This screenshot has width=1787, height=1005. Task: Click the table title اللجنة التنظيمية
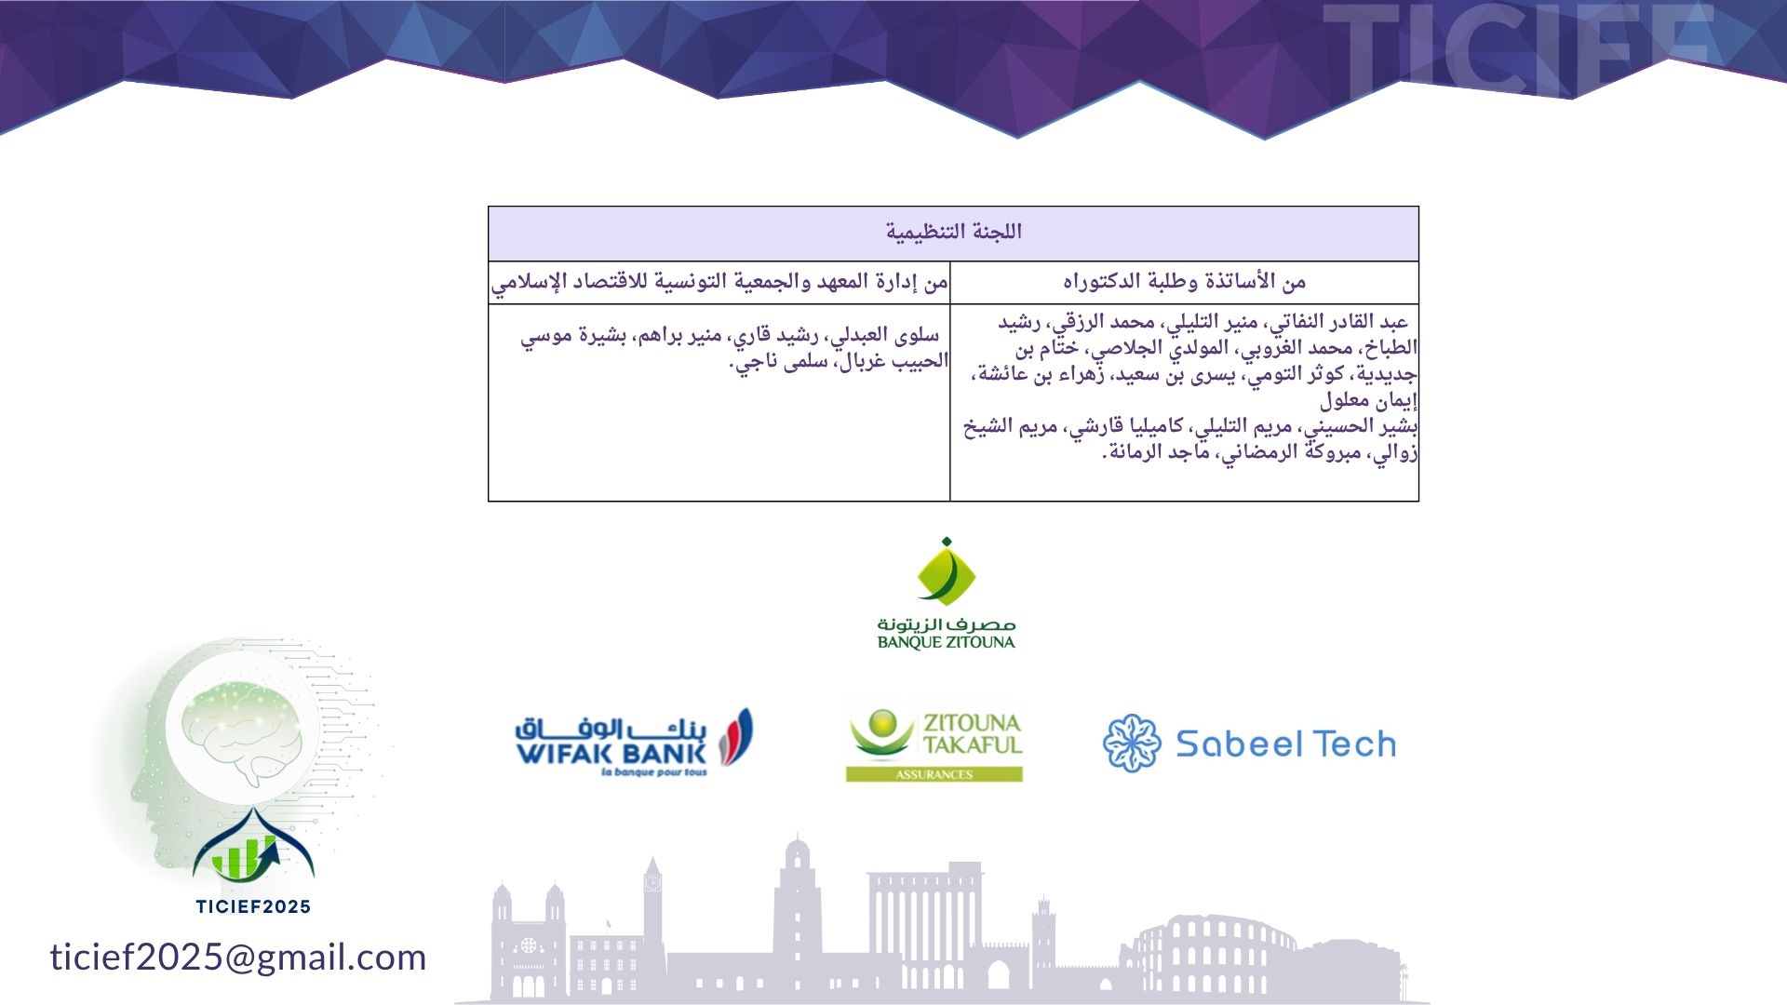point(953,232)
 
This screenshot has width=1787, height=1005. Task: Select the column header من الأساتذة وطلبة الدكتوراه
point(1184,281)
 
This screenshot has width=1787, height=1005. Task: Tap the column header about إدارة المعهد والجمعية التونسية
point(719,282)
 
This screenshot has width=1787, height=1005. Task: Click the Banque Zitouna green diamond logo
point(946,571)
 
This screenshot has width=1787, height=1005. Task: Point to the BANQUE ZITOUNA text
point(946,641)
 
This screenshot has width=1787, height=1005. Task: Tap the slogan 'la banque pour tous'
point(654,771)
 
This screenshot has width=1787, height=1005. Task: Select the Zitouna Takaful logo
point(934,744)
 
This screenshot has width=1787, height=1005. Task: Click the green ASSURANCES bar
point(934,774)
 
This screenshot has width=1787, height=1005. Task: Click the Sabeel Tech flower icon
point(1132,744)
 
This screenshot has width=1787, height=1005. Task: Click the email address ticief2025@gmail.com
point(238,958)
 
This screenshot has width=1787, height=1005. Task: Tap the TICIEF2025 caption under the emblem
point(253,906)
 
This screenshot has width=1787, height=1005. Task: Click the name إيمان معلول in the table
point(1368,401)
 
